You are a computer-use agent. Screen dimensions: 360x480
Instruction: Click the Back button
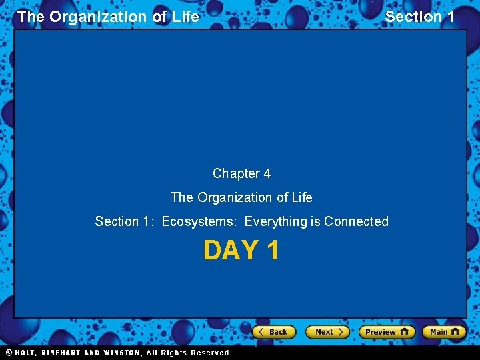pyautogui.click(x=274, y=332)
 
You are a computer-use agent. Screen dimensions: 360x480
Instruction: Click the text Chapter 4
pyautogui.click(x=241, y=173)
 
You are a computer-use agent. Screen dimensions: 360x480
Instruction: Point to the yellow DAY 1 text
pyautogui.click(x=241, y=251)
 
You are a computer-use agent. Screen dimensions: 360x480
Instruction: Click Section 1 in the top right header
pyautogui.click(x=419, y=17)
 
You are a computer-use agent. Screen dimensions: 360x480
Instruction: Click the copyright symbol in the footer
pyautogui.click(x=9, y=353)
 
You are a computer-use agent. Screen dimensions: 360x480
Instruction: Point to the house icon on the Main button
pyautogui.click(x=456, y=332)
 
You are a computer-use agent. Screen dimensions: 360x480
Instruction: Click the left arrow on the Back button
pyautogui.click(x=262, y=332)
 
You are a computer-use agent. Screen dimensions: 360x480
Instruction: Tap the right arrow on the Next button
pyautogui.click(x=341, y=332)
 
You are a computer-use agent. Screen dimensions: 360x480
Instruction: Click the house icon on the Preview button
pyautogui.click(x=405, y=332)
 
